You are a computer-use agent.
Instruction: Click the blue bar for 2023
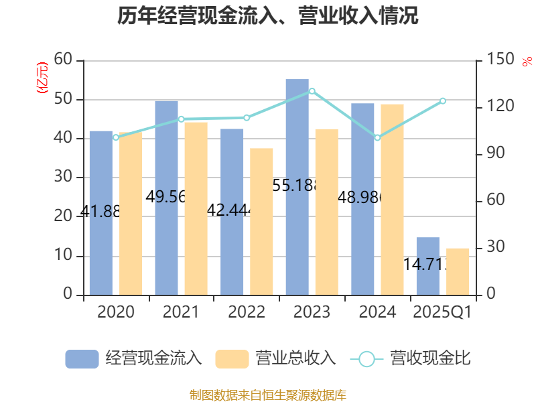tap(297, 187)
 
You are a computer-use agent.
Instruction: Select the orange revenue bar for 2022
tap(261, 221)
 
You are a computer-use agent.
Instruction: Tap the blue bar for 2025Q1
tap(427, 266)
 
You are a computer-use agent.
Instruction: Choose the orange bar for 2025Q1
tap(458, 271)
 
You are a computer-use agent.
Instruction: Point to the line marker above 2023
tap(312, 90)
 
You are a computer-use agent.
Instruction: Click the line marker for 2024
tap(377, 138)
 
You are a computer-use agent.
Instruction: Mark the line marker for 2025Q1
tap(442, 100)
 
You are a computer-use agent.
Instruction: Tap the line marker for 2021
tap(181, 119)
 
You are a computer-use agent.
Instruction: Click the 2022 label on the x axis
tap(247, 312)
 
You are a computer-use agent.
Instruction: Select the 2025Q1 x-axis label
tap(442, 312)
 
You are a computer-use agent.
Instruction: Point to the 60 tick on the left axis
tap(63, 60)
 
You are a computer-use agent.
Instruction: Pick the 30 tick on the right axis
tap(495, 248)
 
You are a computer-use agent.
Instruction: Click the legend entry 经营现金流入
tap(134, 358)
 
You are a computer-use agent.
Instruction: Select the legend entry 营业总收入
tap(275, 358)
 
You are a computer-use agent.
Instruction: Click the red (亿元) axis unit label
tap(42, 77)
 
